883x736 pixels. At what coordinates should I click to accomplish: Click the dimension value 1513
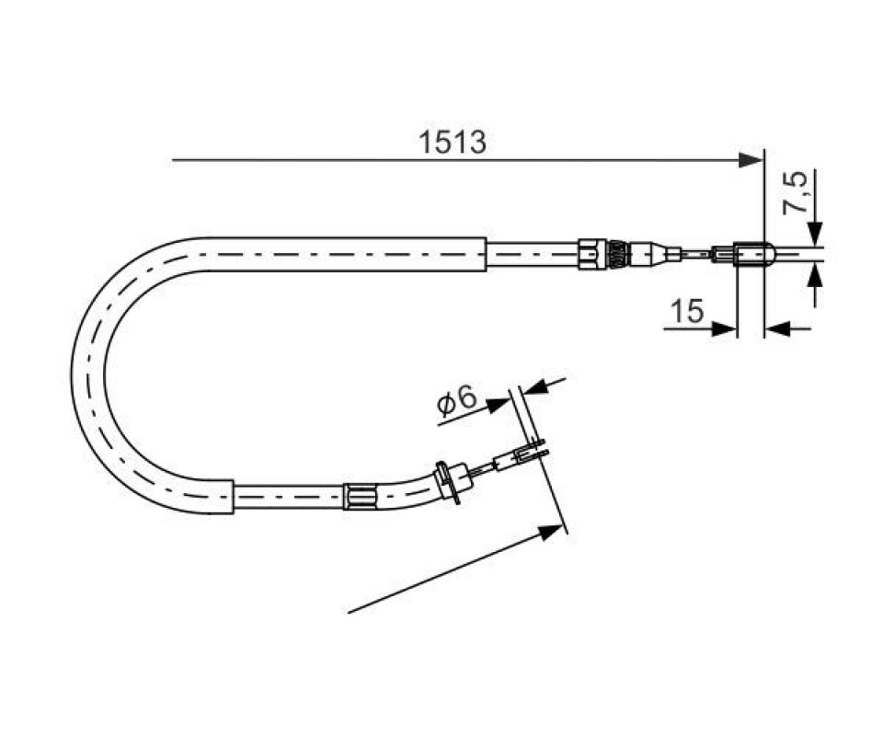tap(452, 143)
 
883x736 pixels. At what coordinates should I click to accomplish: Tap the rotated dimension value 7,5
tap(795, 193)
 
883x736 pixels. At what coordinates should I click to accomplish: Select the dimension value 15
tap(687, 311)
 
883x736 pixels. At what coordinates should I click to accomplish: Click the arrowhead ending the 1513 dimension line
tap(751, 160)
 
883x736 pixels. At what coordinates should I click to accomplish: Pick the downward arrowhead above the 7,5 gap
tap(814, 234)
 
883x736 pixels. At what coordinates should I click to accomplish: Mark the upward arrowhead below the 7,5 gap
tap(814, 277)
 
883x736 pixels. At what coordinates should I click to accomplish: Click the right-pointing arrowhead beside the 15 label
tap(724, 328)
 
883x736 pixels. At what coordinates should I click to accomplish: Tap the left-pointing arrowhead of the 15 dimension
tap(778, 328)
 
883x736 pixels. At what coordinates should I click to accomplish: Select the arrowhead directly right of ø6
tap(498, 405)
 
